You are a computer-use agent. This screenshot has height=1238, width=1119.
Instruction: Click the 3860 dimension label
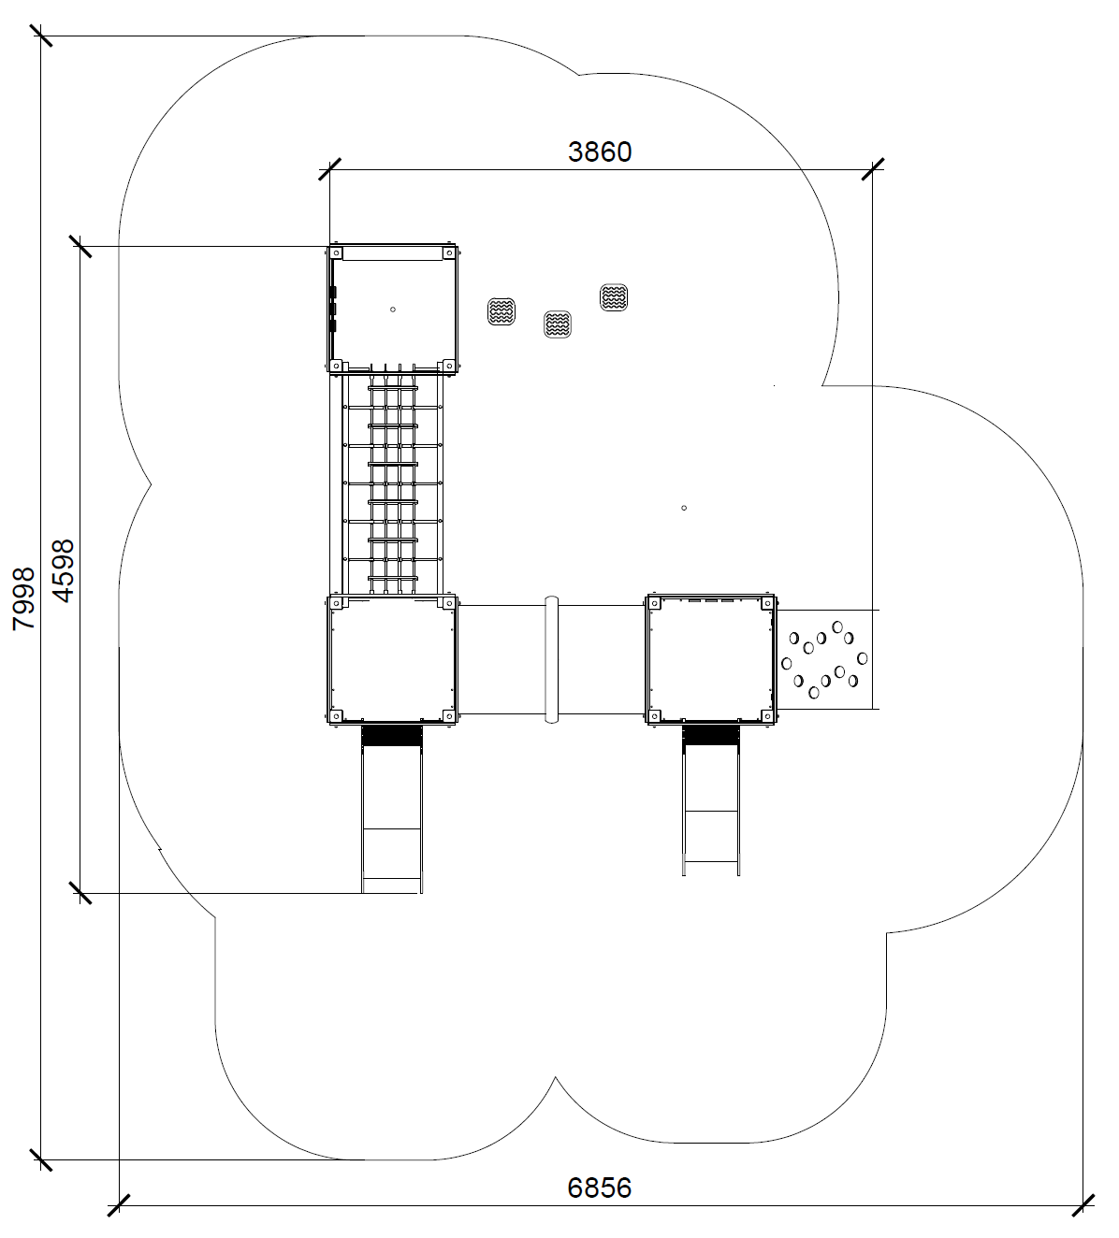[600, 151]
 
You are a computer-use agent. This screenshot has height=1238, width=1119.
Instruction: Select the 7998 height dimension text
[24, 598]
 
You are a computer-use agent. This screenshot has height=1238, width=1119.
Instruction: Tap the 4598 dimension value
[64, 571]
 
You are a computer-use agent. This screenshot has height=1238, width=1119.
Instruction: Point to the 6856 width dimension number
[600, 1188]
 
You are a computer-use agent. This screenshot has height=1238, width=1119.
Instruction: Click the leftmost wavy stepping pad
[501, 311]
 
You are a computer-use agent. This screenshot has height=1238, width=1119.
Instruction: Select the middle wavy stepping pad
[558, 324]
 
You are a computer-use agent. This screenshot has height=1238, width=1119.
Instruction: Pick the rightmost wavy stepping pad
[614, 297]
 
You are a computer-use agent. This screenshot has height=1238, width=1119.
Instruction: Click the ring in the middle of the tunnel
[552, 659]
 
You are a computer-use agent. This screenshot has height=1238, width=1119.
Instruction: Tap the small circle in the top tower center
[393, 309]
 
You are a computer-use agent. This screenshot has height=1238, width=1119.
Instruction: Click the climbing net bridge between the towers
[392, 484]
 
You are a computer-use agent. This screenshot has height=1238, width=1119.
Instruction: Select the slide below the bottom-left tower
[391, 809]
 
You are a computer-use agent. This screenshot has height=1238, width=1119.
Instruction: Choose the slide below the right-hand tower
[711, 800]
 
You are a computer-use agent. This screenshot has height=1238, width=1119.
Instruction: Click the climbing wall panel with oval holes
[824, 659]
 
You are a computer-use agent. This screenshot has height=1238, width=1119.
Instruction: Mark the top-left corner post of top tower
[335, 253]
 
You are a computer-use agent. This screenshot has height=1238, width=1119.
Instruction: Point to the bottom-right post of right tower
[767, 716]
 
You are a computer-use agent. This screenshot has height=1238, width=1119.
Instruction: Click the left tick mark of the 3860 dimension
[329, 170]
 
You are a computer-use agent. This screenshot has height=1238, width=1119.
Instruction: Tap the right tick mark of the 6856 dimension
[1083, 1205]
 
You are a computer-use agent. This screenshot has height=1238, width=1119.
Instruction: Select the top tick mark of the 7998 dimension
[41, 36]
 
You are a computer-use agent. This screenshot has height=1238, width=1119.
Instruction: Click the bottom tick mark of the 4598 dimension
[80, 893]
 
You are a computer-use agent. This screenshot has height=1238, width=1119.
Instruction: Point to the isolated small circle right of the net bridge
[684, 508]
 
